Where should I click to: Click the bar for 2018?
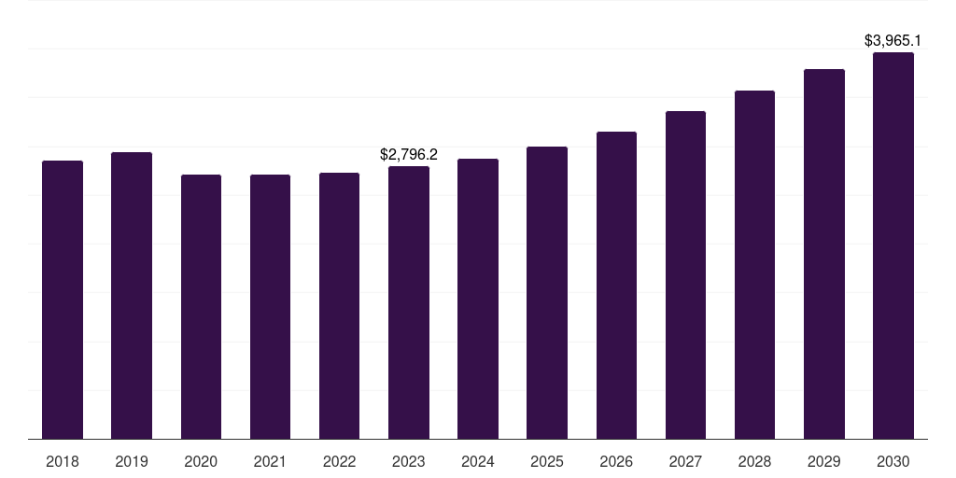pos(63,299)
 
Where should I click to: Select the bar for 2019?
pos(132,295)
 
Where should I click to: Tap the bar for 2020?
pos(201,306)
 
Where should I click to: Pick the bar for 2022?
pos(339,305)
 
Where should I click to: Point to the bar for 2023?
pos(409,302)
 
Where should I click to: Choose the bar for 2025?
pos(547,292)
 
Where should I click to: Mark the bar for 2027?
pos(685,274)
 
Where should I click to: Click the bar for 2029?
pos(824,254)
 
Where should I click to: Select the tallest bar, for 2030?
pos(893,246)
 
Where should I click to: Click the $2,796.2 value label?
pos(409,154)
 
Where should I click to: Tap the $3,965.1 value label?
pos(893,40)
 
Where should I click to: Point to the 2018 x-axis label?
pos(63,461)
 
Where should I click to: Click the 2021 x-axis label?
pos(270,461)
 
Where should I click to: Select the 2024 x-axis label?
pos(478,461)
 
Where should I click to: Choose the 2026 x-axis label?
pos(616,461)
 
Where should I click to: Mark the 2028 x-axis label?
pos(754,461)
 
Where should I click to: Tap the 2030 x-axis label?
pos(893,461)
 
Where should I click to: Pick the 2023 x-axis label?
pos(409,461)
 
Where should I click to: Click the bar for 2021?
pos(270,306)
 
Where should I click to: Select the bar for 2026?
pos(616,285)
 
